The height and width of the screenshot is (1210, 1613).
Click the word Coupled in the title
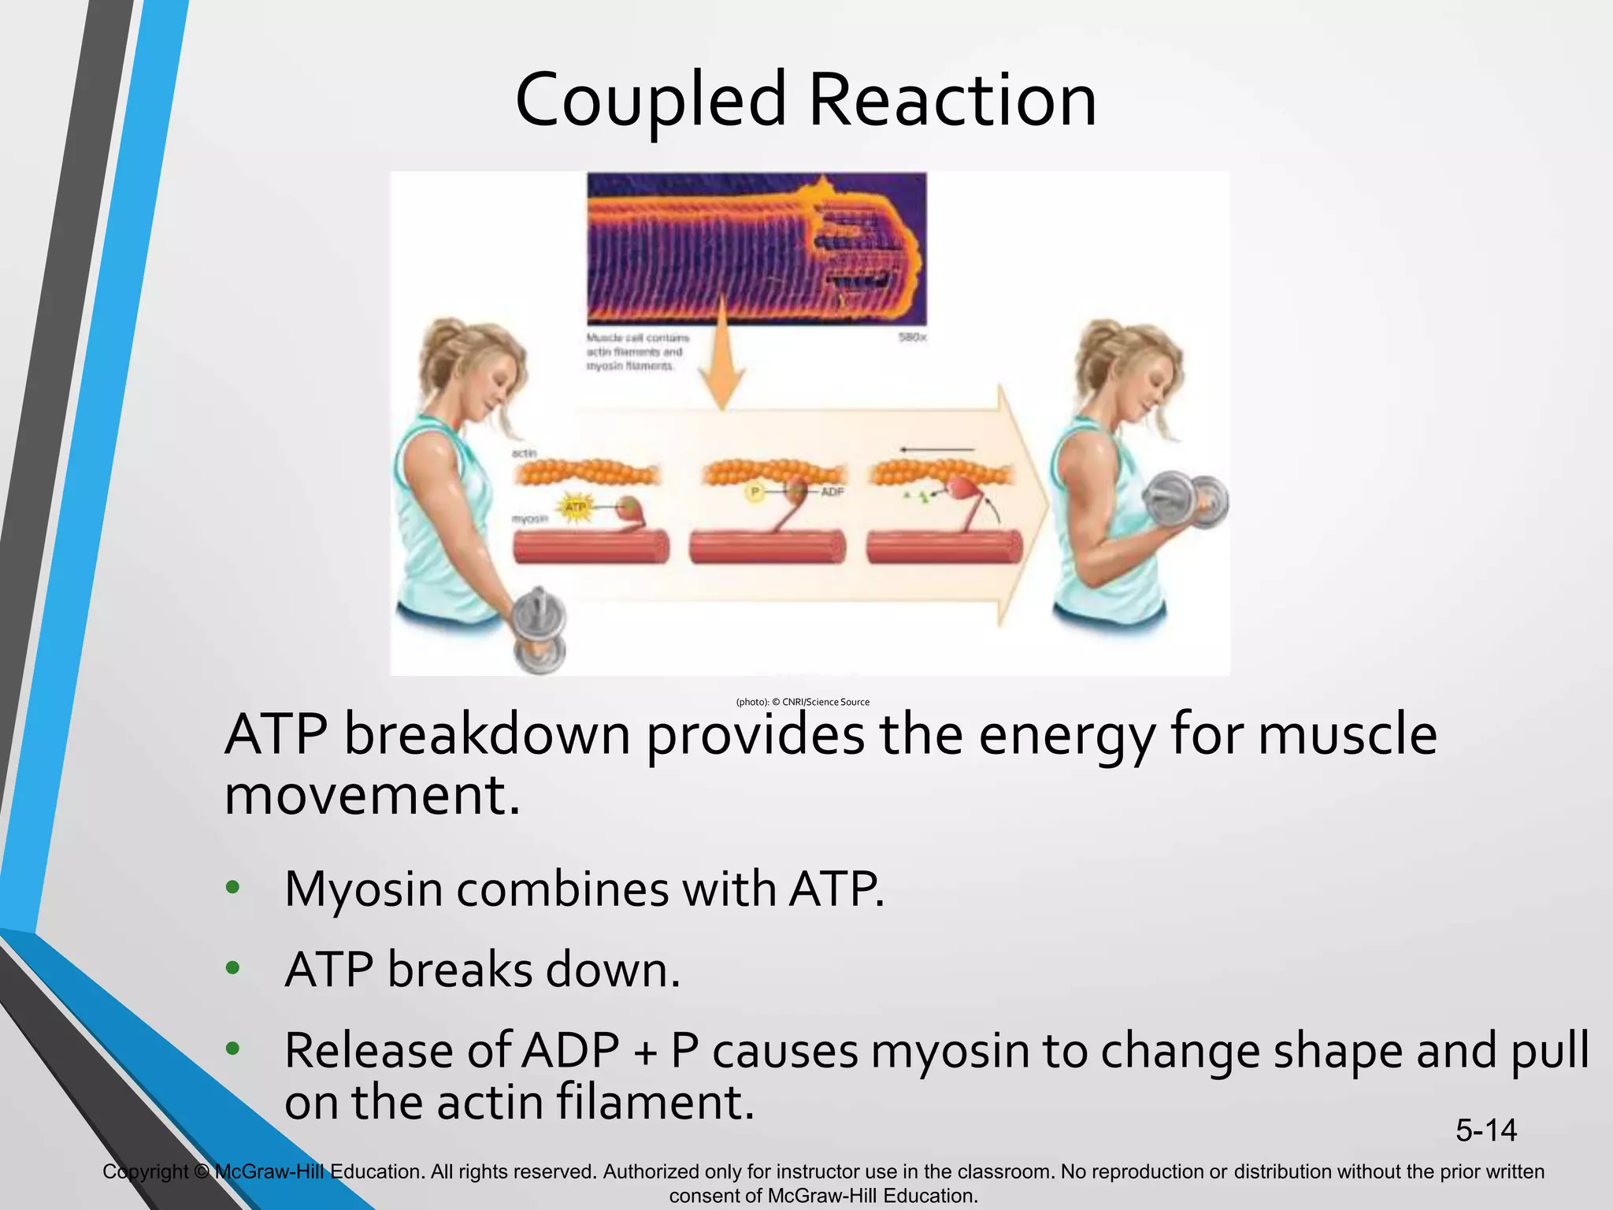click(651, 101)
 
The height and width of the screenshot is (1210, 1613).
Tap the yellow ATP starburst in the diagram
click(577, 507)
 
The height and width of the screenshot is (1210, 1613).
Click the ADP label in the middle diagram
click(832, 492)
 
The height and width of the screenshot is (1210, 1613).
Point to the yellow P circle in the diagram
click(755, 492)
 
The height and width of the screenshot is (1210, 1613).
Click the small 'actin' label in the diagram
click(524, 453)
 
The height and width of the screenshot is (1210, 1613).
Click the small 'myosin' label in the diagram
click(529, 519)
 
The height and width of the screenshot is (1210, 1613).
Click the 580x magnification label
click(912, 338)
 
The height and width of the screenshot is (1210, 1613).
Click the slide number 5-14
click(1485, 1130)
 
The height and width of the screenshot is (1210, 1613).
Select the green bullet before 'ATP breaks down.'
click(232, 967)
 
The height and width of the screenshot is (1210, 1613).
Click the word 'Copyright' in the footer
click(145, 1171)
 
